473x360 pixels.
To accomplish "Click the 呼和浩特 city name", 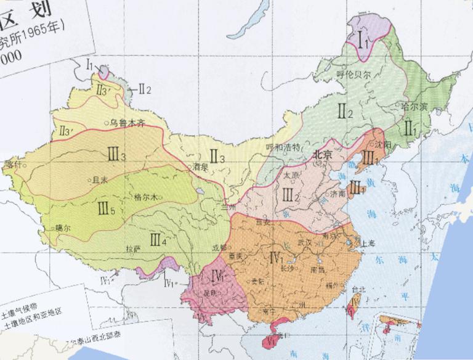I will point(282,147).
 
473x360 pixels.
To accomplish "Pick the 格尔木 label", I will point(146,197).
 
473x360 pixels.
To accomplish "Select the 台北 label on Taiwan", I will point(358,288).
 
